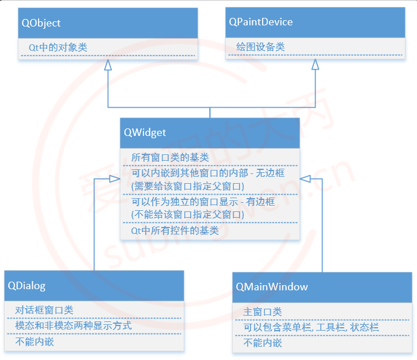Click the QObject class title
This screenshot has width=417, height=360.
click(x=41, y=23)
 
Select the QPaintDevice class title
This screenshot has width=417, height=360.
click(x=261, y=22)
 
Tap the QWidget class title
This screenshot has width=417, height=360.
click(x=145, y=132)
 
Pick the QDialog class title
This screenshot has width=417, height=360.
click(x=27, y=286)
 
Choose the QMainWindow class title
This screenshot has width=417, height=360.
click(x=272, y=286)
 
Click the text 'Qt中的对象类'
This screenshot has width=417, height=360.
click(x=58, y=47)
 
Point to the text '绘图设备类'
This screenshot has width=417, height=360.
click(x=260, y=47)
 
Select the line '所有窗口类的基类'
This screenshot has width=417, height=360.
click(x=170, y=157)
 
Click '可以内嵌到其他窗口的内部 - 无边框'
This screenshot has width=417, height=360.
click(x=208, y=173)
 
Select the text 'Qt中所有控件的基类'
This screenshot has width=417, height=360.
click(x=175, y=230)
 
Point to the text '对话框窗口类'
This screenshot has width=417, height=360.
click(x=44, y=310)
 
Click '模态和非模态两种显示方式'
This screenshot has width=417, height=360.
click(x=73, y=325)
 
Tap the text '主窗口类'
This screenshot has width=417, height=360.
click(x=263, y=312)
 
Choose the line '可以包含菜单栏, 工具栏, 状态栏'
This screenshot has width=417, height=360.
click(x=311, y=327)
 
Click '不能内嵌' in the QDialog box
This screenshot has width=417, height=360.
click(x=35, y=342)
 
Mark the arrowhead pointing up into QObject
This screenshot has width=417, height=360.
click(x=107, y=65)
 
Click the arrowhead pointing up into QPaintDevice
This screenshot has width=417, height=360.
click(x=315, y=65)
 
